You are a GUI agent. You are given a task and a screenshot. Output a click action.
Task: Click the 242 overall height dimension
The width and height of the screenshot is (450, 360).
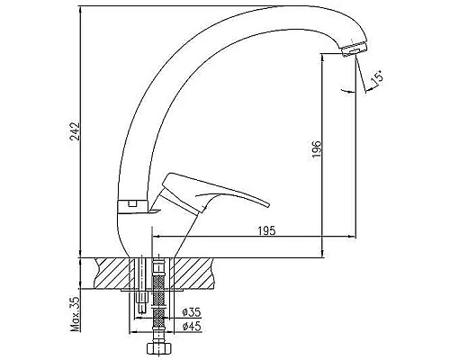click(75, 130)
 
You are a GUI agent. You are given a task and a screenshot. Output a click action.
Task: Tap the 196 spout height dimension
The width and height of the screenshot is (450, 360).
click(317, 150)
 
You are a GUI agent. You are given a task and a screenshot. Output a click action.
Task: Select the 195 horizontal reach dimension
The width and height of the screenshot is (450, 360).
click(266, 230)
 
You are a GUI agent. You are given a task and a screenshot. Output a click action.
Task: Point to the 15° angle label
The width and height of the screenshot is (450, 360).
click(377, 77)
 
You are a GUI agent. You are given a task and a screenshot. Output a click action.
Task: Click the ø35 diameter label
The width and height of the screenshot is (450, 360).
click(192, 312)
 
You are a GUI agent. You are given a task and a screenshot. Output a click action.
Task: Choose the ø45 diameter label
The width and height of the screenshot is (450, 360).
click(192, 326)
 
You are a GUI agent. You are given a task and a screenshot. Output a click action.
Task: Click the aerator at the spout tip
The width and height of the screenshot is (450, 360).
click(355, 49)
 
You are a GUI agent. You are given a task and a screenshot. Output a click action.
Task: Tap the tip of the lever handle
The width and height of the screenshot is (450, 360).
click(268, 205)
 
